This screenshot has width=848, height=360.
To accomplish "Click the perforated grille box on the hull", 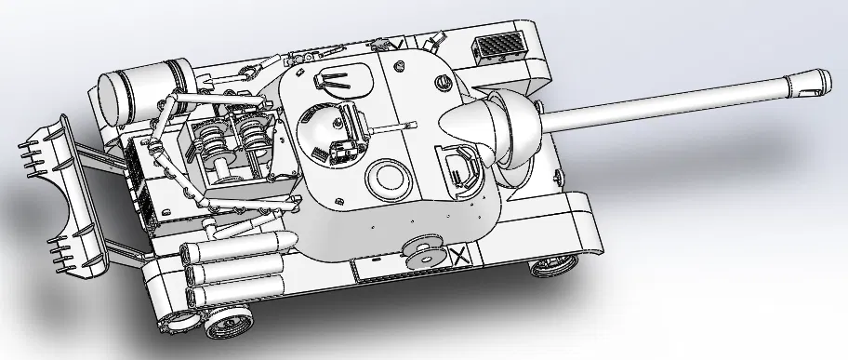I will [499, 47].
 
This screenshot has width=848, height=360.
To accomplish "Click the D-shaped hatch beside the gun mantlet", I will [461, 168].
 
